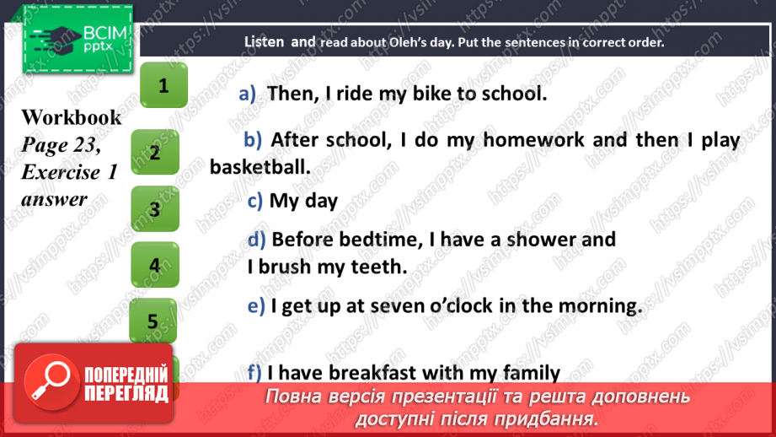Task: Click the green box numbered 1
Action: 163,85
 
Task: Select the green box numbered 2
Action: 155,153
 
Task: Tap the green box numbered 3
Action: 155,209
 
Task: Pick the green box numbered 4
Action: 155,265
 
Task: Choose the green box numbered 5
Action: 153,321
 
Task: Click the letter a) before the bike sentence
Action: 247,94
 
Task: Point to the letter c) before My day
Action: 255,201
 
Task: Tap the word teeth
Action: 379,267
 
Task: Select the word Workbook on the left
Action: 72,117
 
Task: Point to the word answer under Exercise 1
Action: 54,199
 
